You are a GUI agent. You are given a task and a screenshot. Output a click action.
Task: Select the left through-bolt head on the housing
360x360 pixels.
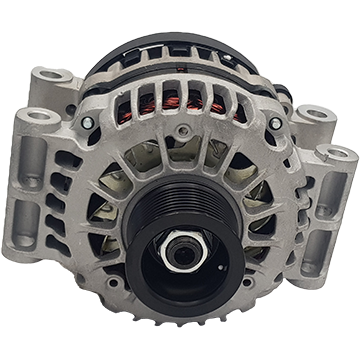pyautogui.click(x=89, y=123)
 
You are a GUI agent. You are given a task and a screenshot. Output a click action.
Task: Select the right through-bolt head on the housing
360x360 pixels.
pyautogui.click(x=275, y=123)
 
